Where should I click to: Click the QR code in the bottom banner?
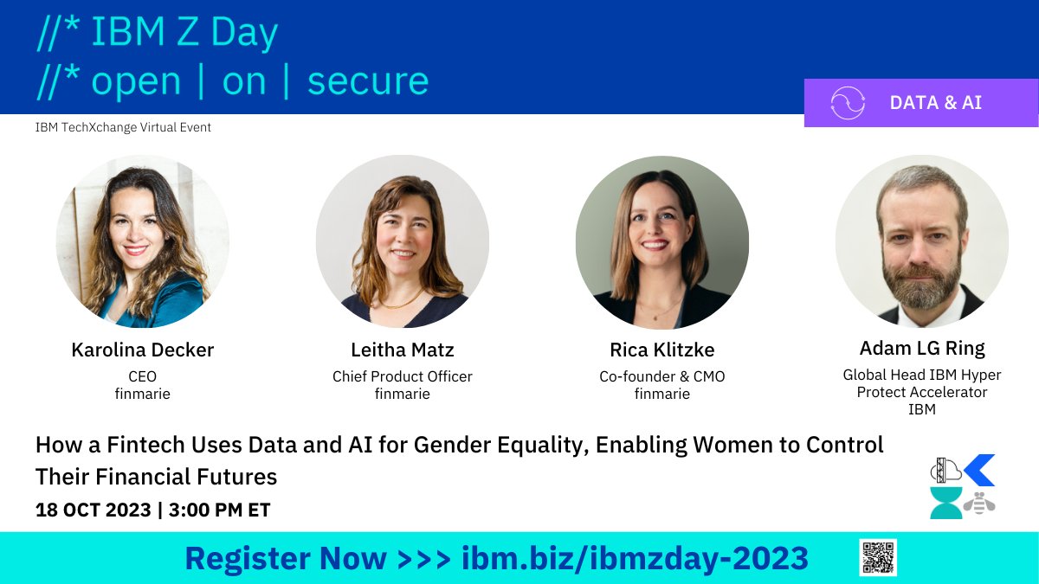(878, 558)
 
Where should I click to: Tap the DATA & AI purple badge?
(921, 102)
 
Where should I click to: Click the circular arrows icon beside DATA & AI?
(848, 103)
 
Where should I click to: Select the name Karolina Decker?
(143, 350)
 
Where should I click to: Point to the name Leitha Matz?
(403, 350)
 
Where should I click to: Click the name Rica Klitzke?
(661, 350)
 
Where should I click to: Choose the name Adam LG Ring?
(922, 348)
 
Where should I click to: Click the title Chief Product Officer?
(403, 376)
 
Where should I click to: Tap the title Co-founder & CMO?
(661, 376)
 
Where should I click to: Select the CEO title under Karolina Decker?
(143, 376)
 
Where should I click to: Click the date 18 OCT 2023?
(93, 510)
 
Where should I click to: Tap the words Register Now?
(286, 559)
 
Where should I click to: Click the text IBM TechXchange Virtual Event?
(123, 127)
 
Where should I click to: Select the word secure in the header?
(368, 80)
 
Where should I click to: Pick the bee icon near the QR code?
(979, 503)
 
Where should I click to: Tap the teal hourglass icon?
(945, 503)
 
